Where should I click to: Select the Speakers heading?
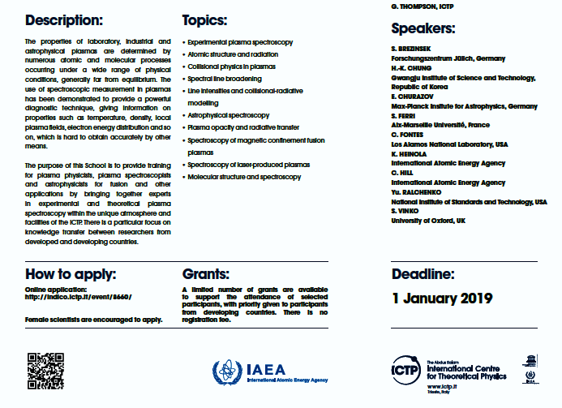click(x=423, y=29)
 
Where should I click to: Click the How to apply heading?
click(x=71, y=273)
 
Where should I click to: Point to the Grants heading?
click(x=206, y=273)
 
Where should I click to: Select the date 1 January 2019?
click(x=442, y=298)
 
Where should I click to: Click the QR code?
click(x=45, y=371)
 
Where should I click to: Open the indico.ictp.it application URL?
click(x=79, y=297)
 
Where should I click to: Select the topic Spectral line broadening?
click(x=224, y=79)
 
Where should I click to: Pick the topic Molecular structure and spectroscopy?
click(x=244, y=177)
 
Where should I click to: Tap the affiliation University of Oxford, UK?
click(x=428, y=221)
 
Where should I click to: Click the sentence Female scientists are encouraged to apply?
click(x=94, y=319)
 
